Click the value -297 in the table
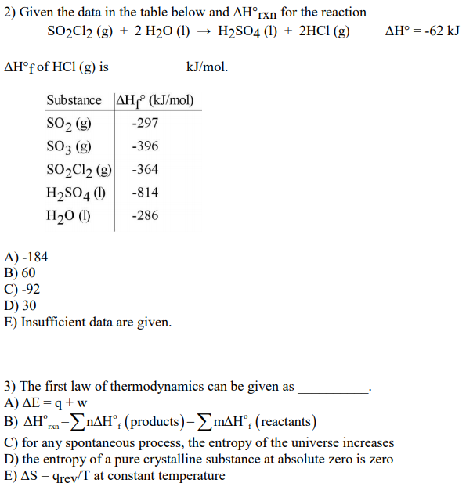146,124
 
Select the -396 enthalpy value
146,146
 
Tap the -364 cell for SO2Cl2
146,169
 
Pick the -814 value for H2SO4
146,192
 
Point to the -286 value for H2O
146,215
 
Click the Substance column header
74,100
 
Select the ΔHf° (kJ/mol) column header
155,100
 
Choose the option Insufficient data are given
96,323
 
